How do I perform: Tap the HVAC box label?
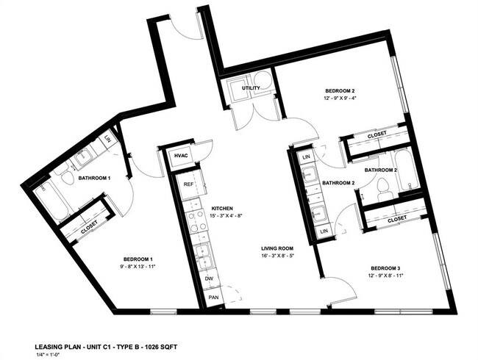click(x=180, y=156)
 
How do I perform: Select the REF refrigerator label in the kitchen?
click(x=188, y=184)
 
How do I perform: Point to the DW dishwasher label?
click(x=210, y=280)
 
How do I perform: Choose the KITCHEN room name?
click(x=224, y=208)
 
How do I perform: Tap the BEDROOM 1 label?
click(x=138, y=259)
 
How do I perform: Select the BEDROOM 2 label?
click(x=340, y=91)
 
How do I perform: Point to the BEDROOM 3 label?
click(x=385, y=268)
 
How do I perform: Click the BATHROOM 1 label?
click(x=94, y=178)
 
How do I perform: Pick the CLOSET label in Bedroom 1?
click(x=90, y=227)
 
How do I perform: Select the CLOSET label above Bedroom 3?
click(x=397, y=219)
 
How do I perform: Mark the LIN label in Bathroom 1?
click(x=107, y=138)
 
